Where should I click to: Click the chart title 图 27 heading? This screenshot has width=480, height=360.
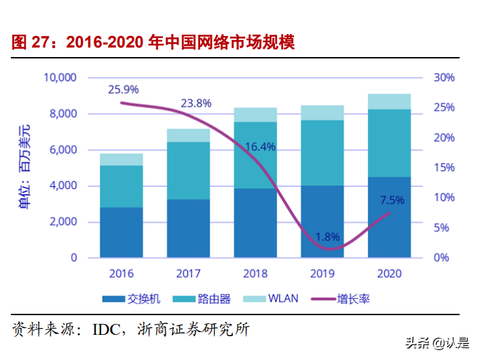[153, 42]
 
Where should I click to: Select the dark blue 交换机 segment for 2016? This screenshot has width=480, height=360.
[121, 232]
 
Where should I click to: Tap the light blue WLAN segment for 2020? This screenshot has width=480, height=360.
[389, 101]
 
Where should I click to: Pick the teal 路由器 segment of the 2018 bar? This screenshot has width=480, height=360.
[255, 155]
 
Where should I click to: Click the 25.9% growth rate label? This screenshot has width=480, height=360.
[124, 89]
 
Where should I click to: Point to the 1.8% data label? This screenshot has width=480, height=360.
[328, 237]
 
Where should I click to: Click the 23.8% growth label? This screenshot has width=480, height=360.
[196, 103]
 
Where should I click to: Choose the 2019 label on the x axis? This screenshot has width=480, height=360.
[322, 273]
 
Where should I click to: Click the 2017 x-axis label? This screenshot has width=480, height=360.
[188, 273]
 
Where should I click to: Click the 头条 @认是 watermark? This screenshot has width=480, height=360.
[437, 343]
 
